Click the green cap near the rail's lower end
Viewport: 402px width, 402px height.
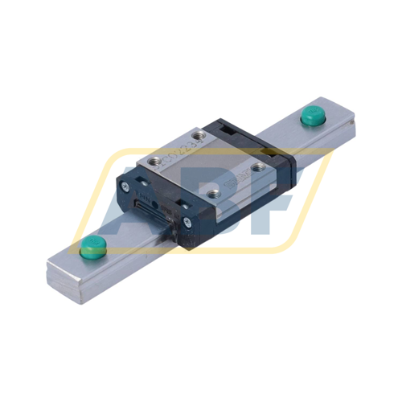92,247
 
